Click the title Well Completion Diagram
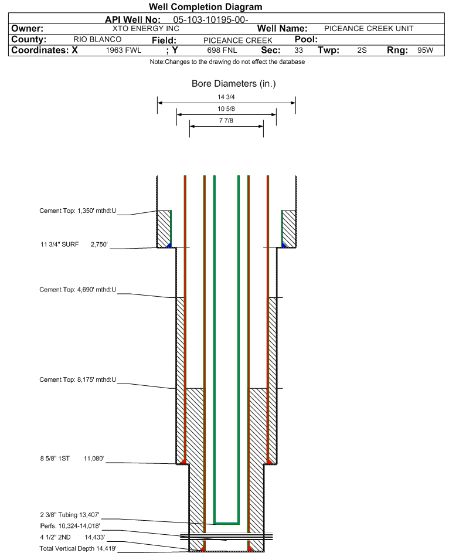pos(205,6)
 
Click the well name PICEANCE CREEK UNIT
pos(369,29)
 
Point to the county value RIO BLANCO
pos(97,39)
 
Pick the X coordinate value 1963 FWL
pos(124,50)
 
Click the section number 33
pos(299,50)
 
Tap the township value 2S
pos(362,50)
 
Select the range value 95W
pos(425,50)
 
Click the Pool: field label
pos(302,39)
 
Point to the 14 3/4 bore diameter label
pos(226,98)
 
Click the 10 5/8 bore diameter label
pos(226,110)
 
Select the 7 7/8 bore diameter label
pos(226,121)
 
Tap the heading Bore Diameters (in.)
pos(233,84)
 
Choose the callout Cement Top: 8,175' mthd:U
pos(78,379)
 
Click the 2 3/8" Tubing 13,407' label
pos(70,514)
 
